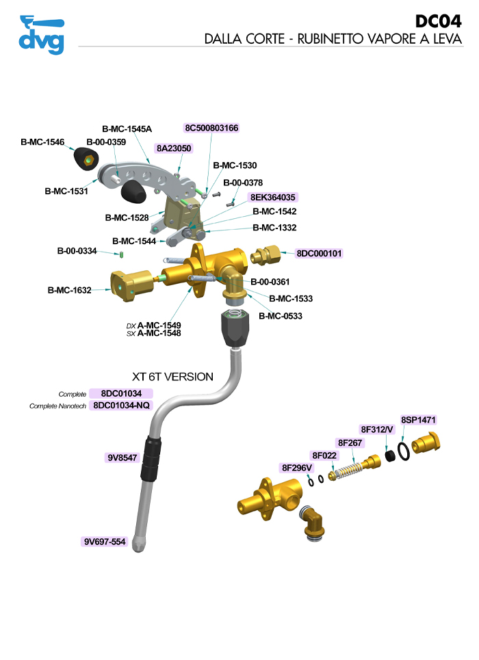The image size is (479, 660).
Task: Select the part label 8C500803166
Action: (x=211, y=128)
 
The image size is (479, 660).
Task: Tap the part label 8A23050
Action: (x=174, y=148)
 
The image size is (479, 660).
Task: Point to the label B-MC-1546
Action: (x=42, y=142)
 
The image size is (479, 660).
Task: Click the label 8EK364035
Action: (x=272, y=197)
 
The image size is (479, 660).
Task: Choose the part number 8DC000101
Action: (x=318, y=253)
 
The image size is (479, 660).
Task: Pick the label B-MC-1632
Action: (x=70, y=290)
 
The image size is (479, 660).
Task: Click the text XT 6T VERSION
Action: (x=172, y=377)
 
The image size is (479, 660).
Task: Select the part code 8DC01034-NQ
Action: (x=125, y=406)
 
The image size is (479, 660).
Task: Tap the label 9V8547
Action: (x=122, y=458)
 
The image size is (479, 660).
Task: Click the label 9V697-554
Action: (x=105, y=542)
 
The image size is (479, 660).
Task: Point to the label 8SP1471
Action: (x=418, y=420)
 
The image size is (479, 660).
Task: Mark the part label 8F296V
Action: (x=297, y=468)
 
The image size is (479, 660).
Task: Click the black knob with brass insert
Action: (x=85, y=161)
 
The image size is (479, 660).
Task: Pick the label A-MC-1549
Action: (x=159, y=325)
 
